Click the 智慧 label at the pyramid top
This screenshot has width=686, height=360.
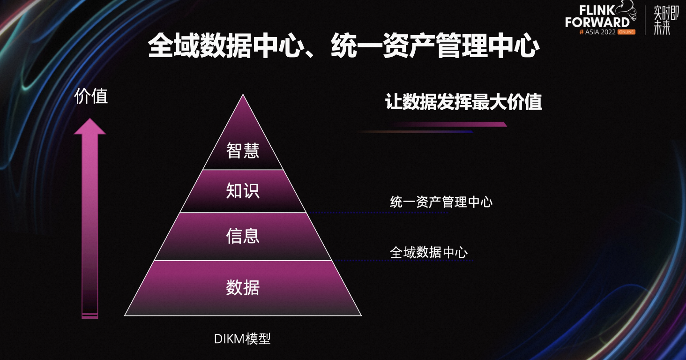tap(243, 150)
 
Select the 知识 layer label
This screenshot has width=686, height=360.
tap(243, 191)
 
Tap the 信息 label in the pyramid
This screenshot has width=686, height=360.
tap(243, 236)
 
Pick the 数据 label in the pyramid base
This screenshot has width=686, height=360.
tap(243, 287)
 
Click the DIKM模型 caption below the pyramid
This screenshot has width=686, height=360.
tap(242, 338)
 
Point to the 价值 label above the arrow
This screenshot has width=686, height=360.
tap(91, 96)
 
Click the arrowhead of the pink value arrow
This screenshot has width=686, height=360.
tap(89, 126)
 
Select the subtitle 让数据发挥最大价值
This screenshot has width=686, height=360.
tap(463, 102)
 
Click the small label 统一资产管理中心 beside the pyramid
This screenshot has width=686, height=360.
tap(441, 202)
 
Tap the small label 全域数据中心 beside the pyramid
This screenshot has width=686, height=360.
tap(428, 253)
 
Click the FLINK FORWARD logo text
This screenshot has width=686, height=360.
tap(597, 16)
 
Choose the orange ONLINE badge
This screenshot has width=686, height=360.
tap(626, 32)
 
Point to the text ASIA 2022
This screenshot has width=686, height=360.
tap(600, 32)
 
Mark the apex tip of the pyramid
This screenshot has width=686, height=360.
tap(243, 94)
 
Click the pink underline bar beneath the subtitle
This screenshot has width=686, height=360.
tap(450, 124)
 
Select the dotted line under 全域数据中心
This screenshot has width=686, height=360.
tap(403, 261)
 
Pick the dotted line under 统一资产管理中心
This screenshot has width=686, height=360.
tap(378, 212)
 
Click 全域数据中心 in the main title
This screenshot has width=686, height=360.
tap(225, 46)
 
